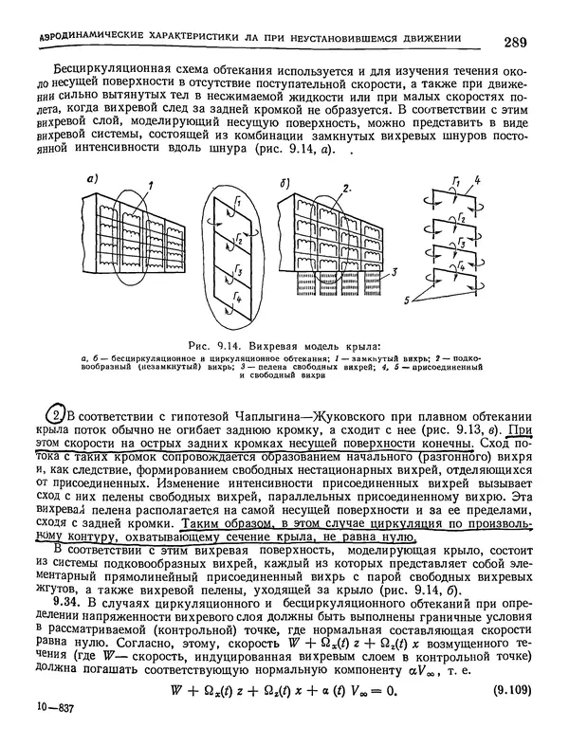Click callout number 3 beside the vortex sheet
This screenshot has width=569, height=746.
click(x=391, y=270)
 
